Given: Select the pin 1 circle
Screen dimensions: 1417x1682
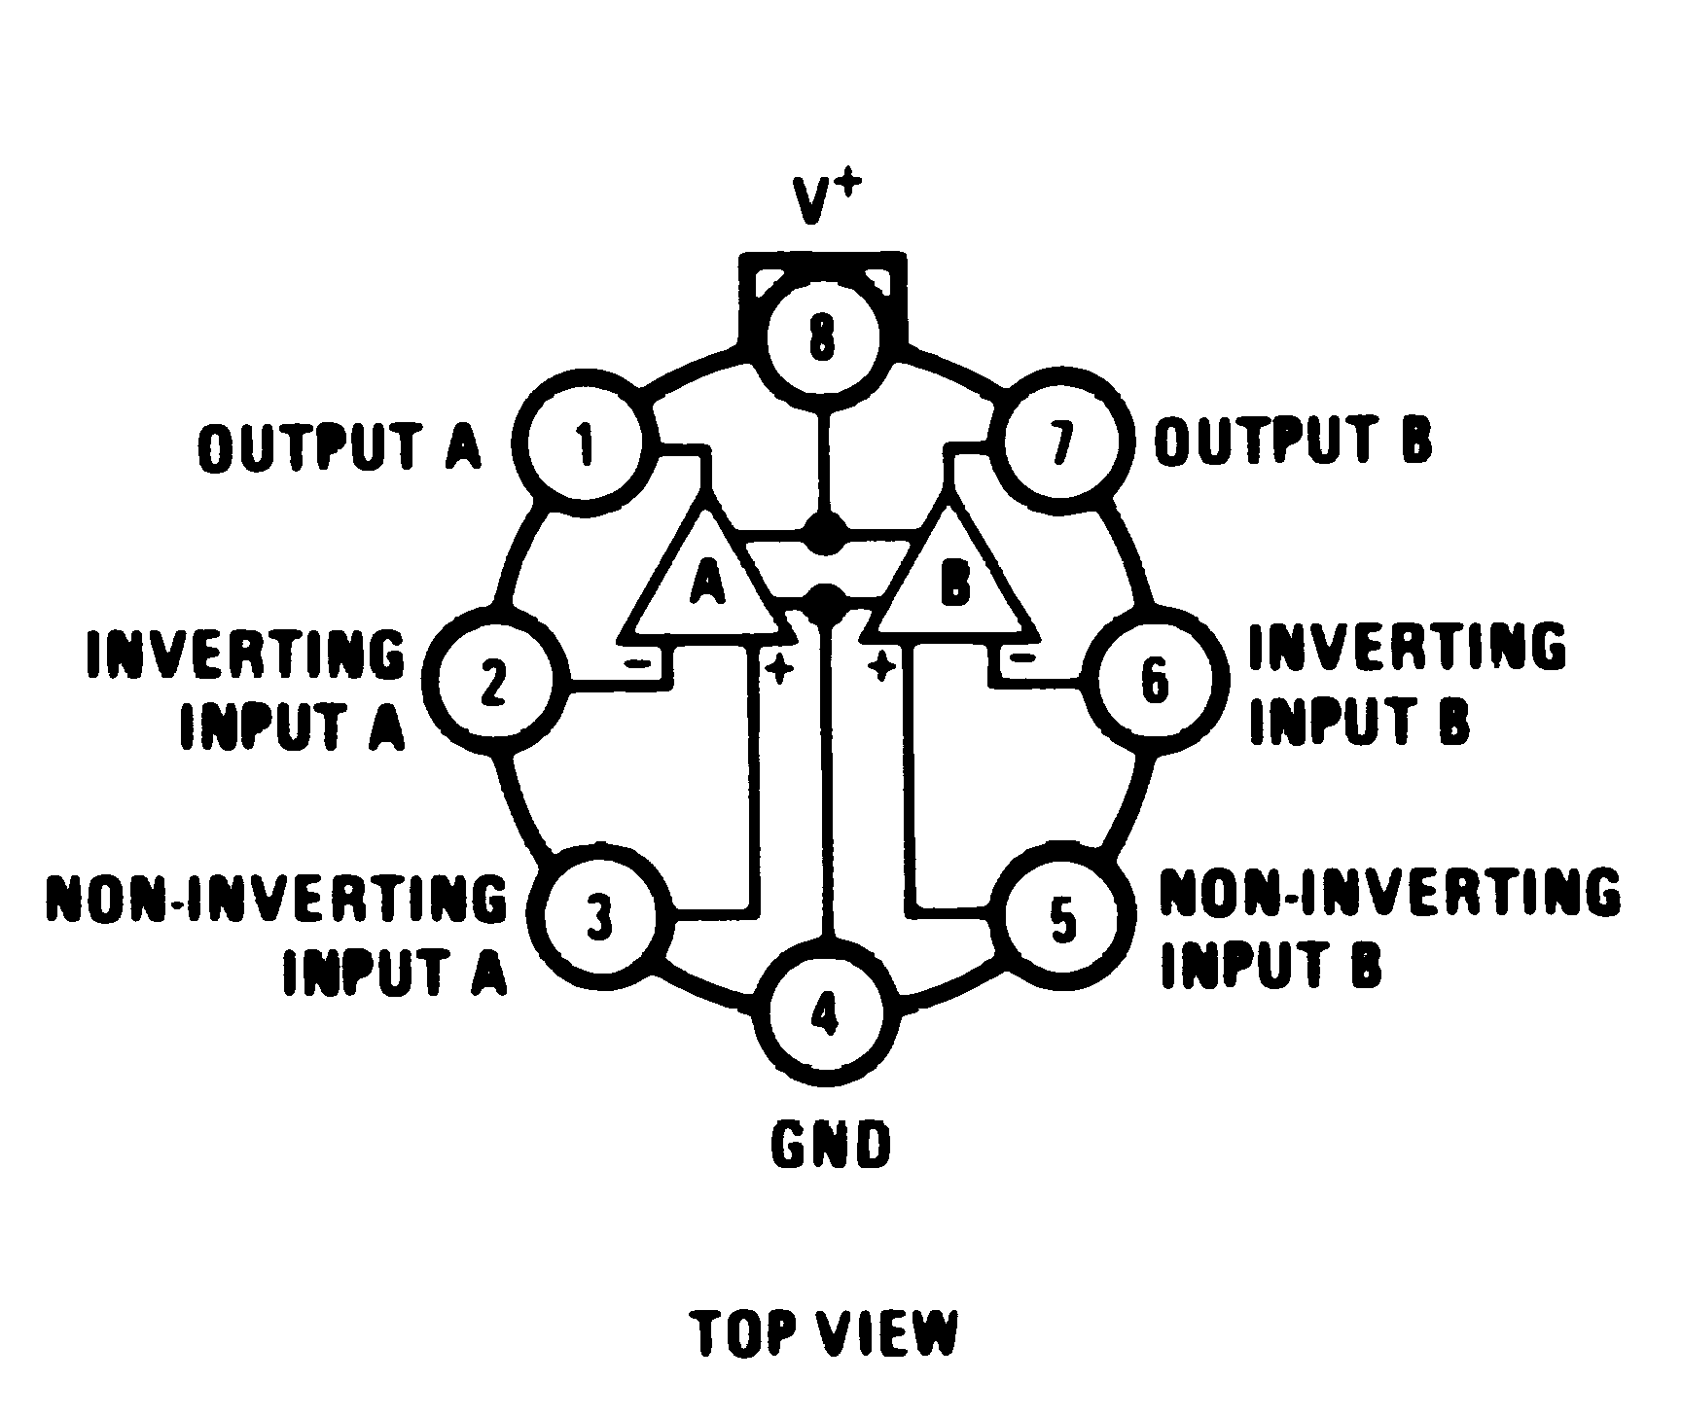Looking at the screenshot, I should [x=585, y=445].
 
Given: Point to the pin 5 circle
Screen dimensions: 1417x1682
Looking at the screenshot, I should [x=1063, y=918].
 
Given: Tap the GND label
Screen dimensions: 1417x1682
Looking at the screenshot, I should [x=830, y=1146].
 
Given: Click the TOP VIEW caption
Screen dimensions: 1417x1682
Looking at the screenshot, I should [x=825, y=1333].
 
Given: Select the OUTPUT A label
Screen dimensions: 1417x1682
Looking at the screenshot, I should [x=340, y=446].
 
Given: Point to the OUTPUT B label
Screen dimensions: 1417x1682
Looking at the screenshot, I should [x=1293, y=441].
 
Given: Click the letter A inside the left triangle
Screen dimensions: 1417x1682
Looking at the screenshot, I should [x=708, y=584].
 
